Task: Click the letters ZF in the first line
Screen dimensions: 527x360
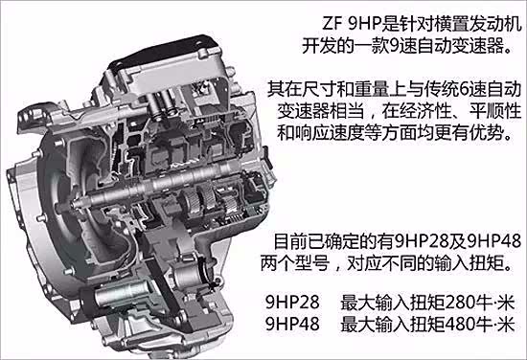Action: click(x=332, y=24)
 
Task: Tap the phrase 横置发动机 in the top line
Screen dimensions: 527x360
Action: click(x=477, y=24)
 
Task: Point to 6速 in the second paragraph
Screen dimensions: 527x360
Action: click(x=468, y=90)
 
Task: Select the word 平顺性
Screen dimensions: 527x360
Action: click(x=495, y=111)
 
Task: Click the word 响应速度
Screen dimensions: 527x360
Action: click(x=329, y=133)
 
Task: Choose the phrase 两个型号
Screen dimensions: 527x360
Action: click(x=295, y=263)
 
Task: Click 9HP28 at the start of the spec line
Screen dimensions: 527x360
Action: click(x=292, y=303)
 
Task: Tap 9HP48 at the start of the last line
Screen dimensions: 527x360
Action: click(x=292, y=324)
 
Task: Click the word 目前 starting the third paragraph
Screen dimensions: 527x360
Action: click(x=290, y=242)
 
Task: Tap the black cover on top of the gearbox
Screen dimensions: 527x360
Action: click(x=168, y=50)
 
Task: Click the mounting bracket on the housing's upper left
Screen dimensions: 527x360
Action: click(x=37, y=114)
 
